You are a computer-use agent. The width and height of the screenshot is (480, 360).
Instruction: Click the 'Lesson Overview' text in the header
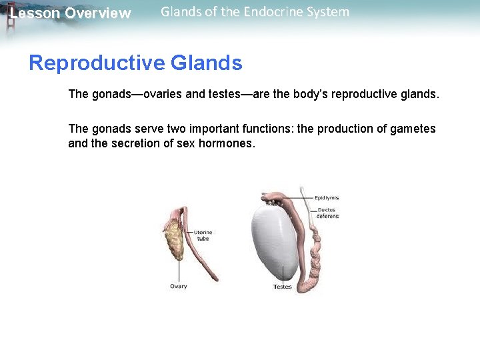pos(70,13)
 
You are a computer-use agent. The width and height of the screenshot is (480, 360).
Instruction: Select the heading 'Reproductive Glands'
pos(135,63)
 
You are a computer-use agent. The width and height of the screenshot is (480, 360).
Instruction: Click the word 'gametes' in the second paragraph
pos(414,129)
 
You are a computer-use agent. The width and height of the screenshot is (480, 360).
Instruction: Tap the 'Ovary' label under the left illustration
pos(179,287)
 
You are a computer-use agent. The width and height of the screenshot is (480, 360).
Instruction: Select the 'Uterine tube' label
pos(203,235)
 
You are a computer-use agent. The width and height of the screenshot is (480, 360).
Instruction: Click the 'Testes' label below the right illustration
pos(283,287)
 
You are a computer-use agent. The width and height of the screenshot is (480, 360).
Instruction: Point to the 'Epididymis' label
pos(327,198)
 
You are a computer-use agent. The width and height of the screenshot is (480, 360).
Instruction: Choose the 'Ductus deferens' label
pos(327,213)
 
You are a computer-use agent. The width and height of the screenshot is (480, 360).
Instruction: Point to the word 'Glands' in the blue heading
pos(207,63)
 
